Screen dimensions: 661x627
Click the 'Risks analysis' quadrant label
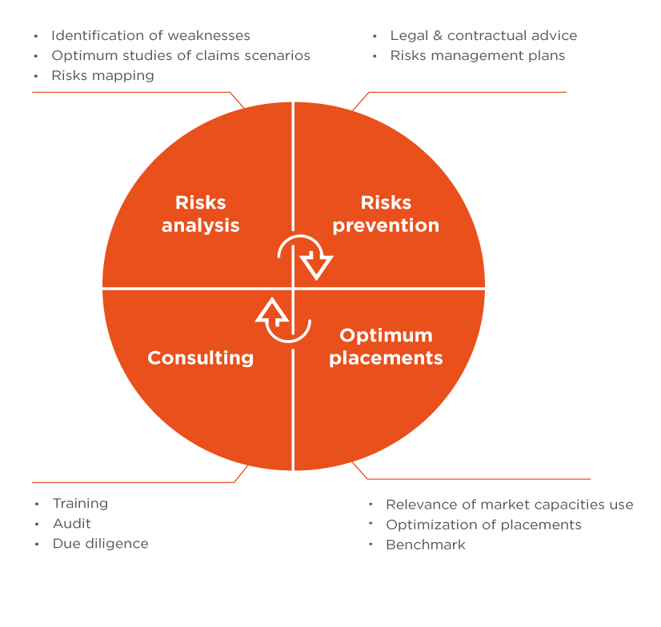(201, 214)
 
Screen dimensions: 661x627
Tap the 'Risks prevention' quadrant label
(386, 214)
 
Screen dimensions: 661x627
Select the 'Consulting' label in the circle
(201, 357)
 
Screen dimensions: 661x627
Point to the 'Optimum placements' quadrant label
(386, 346)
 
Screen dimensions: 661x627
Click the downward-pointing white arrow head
(316, 266)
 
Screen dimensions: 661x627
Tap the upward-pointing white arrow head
(272, 312)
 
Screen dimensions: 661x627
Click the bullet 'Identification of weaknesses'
(150, 35)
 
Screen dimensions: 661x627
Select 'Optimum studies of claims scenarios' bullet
(181, 56)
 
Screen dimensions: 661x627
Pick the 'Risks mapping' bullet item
(103, 76)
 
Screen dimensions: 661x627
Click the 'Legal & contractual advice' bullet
(483, 35)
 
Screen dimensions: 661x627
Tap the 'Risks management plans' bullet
(478, 56)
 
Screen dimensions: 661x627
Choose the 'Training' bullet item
(81, 504)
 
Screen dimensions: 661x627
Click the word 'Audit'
(72, 523)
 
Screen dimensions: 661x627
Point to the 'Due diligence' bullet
(101, 544)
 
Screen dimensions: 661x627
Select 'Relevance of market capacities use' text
(510, 505)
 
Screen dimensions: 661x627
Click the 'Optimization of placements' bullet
(483, 525)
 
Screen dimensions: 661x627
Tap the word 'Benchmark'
(426, 545)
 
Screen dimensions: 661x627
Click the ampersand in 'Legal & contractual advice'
(438, 35)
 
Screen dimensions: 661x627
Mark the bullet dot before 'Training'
(37, 504)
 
